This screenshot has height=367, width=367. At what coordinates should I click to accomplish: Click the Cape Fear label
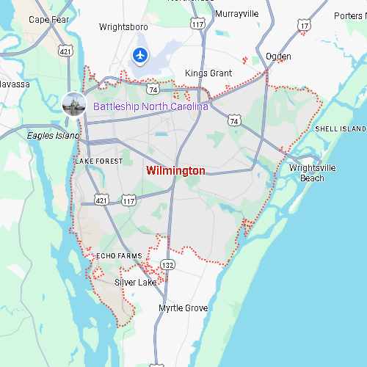48,19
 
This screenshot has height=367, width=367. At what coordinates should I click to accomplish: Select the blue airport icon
140,54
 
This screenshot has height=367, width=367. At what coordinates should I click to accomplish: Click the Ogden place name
278,57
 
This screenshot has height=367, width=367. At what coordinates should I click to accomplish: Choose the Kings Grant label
208,73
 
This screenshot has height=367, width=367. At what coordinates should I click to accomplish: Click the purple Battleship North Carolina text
150,106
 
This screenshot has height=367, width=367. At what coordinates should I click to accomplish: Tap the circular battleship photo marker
74,103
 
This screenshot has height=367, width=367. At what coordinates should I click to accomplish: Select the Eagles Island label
52,135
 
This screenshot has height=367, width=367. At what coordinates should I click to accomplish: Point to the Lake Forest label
99,161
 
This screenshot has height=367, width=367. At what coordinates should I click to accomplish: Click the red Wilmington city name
175,171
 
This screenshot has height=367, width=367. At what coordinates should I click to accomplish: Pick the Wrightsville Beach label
312,172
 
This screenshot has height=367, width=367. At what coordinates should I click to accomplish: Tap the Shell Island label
340,129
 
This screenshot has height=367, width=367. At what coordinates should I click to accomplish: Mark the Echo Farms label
119,256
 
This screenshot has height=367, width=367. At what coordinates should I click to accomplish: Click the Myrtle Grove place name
183,308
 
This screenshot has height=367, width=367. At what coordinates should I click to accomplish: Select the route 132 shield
169,264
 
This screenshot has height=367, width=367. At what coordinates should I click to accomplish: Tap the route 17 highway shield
304,26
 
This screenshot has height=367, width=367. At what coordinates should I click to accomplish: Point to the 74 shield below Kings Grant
153,89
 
